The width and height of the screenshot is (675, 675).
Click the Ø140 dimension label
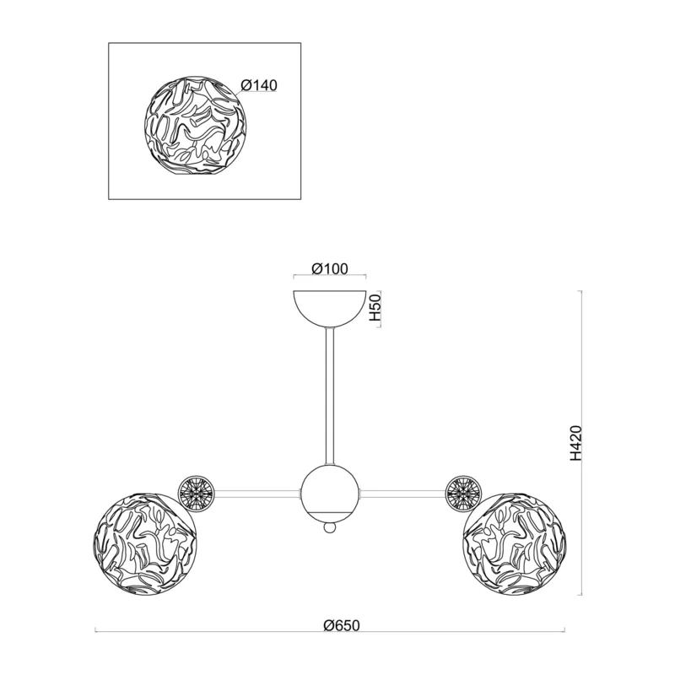(x=259, y=85)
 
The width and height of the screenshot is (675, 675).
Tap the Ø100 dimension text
(x=329, y=268)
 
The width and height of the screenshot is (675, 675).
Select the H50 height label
(x=375, y=308)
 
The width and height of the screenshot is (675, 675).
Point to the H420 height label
(x=576, y=443)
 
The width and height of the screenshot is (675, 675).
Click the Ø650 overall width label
(x=341, y=624)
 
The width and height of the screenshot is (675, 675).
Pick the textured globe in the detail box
(x=196, y=126)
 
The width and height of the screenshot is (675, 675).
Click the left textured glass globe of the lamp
(x=145, y=544)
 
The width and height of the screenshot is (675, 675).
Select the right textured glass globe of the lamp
(x=514, y=544)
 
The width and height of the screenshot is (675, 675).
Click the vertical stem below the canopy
(x=330, y=396)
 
